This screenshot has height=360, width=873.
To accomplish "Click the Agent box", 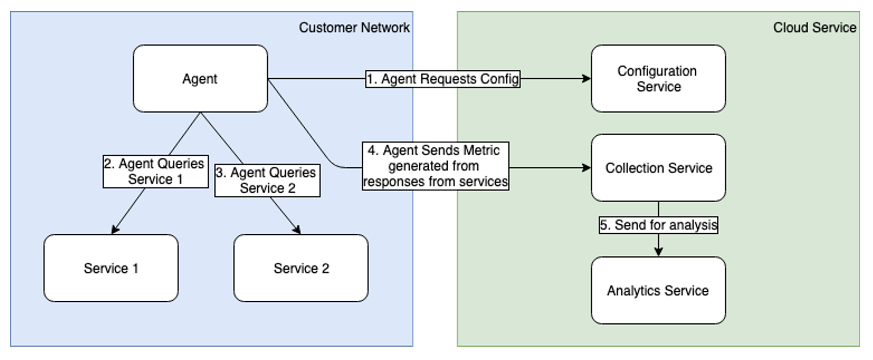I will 200,79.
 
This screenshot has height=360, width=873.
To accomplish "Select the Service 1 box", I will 111,268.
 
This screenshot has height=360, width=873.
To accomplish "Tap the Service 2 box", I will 301,268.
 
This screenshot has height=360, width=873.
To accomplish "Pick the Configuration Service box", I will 658,79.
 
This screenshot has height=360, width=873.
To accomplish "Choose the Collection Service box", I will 658,168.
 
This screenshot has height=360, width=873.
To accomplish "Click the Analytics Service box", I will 658,290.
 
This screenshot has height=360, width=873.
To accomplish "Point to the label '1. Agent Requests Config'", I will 443,79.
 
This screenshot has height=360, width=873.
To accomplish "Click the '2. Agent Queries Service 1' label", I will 156,171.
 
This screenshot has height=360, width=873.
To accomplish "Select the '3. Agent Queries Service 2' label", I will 268,180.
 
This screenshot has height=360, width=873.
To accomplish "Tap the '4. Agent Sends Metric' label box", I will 435,166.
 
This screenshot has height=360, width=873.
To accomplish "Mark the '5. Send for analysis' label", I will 658,225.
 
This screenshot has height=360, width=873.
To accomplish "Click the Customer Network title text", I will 354,28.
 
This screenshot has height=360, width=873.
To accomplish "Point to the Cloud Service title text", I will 814,28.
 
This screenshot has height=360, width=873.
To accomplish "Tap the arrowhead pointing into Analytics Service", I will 658,252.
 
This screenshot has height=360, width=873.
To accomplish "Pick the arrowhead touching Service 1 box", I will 115,229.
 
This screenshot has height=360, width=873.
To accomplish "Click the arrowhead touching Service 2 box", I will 297,229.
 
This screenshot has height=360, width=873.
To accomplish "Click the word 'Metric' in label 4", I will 482,151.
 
